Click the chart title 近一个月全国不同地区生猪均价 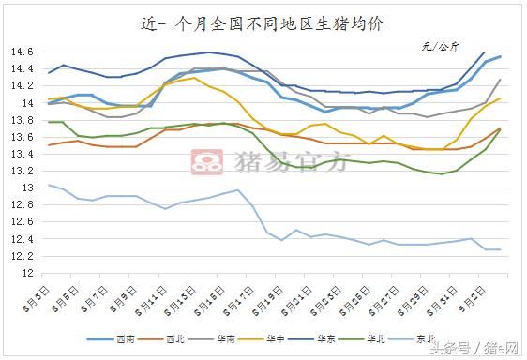(263, 22)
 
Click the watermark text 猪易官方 (281, 162)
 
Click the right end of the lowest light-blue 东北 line (500, 249)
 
